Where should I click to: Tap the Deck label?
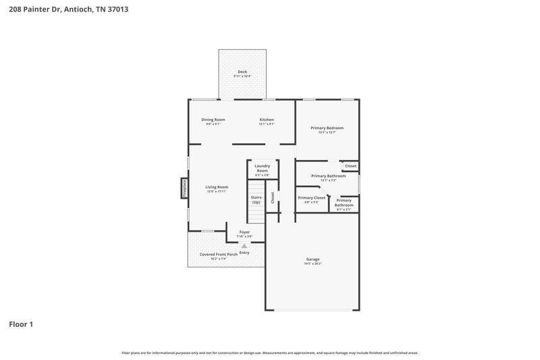click(242, 72)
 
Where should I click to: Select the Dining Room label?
click(213, 120)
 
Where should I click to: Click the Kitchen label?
click(267, 120)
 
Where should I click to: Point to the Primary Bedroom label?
click(327, 128)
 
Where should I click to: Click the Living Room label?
click(217, 187)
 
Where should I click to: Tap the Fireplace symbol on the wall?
click(184, 188)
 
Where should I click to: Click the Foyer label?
click(244, 232)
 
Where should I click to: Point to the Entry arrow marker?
click(244, 246)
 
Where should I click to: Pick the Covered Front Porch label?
click(218, 254)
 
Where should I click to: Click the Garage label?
click(313, 259)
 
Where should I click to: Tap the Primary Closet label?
click(311, 197)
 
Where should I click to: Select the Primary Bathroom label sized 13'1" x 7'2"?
click(328, 176)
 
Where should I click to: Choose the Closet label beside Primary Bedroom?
click(350, 165)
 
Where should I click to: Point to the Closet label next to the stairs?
click(273, 197)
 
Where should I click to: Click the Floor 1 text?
click(21, 324)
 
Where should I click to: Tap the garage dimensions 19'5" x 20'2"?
click(313, 263)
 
